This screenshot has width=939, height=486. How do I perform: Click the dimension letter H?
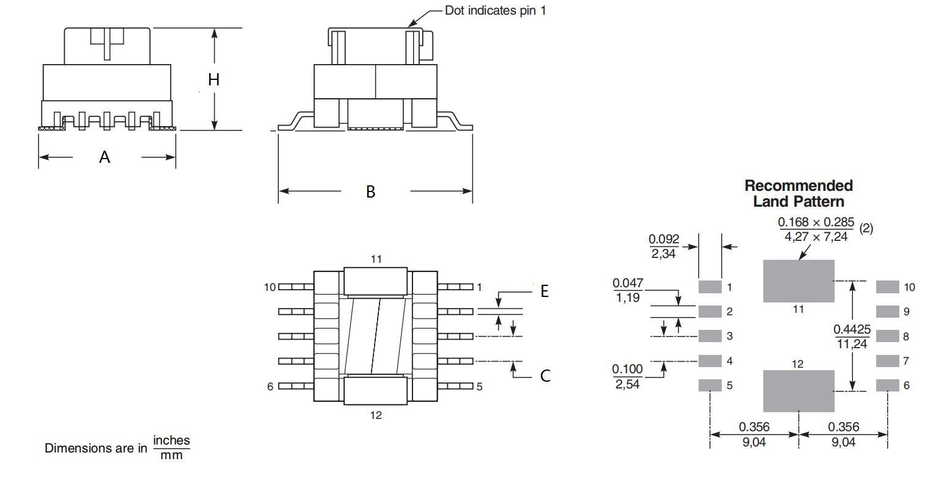pyautogui.click(x=214, y=79)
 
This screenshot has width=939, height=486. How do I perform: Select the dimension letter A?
pyautogui.click(x=105, y=157)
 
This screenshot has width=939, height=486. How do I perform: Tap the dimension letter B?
pyautogui.click(x=370, y=191)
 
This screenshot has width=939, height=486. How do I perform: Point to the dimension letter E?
pyautogui.click(x=544, y=291)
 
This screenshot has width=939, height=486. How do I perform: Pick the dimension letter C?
pyautogui.click(x=545, y=376)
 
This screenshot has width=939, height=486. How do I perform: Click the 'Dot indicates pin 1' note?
pyautogui.click(x=495, y=10)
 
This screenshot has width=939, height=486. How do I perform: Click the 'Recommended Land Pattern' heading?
pyautogui.click(x=799, y=193)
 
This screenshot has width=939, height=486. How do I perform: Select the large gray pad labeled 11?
pyautogui.click(x=799, y=281)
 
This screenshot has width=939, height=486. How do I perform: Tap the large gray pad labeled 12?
pyautogui.click(x=799, y=391)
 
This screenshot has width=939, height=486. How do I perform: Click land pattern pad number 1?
pyautogui.click(x=710, y=287)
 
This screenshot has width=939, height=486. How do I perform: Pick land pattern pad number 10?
pyautogui.click(x=887, y=287)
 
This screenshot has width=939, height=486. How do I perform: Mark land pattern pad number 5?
pyautogui.click(x=710, y=385)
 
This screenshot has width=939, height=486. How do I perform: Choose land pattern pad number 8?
pyautogui.click(x=887, y=336)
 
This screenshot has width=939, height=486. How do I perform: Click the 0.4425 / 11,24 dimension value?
pyautogui.click(x=852, y=337)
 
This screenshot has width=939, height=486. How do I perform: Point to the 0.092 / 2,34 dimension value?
pyautogui.click(x=664, y=246)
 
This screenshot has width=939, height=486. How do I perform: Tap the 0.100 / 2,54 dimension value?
pyautogui.click(x=627, y=376)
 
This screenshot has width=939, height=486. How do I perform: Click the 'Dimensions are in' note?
pyautogui.click(x=96, y=448)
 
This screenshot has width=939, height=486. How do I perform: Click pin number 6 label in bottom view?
pyautogui.click(x=270, y=386)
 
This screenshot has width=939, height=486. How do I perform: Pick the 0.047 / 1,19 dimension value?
pyautogui.click(x=628, y=290)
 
